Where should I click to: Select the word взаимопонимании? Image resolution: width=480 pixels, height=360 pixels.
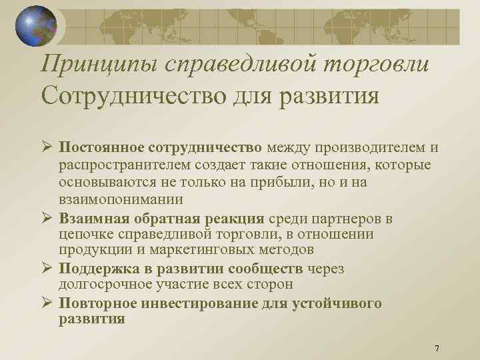(x=121, y=199)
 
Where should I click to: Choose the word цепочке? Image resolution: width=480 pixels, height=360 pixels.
(x=85, y=234)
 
